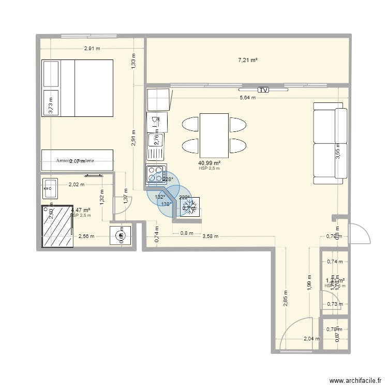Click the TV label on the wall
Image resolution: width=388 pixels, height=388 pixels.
[x=264, y=89]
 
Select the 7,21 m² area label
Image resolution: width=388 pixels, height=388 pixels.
[x=248, y=61]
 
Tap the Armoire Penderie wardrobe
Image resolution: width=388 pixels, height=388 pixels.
[x=77, y=160]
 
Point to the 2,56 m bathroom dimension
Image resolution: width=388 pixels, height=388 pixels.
[x=86, y=236]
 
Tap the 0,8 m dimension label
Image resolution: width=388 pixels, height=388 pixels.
[x=187, y=233]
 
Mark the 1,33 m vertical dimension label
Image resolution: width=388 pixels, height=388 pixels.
[x=133, y=62]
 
